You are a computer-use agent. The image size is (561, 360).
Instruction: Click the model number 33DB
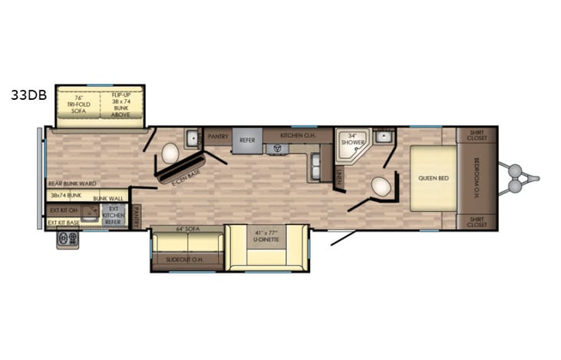pos(28,96)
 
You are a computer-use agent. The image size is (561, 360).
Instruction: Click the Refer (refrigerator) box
pos(246,140)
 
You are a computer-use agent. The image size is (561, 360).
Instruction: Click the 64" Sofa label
pos(187,229)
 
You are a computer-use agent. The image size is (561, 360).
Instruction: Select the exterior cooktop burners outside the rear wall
pos(67,239)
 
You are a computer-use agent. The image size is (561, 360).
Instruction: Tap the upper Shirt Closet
pos(477,135)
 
